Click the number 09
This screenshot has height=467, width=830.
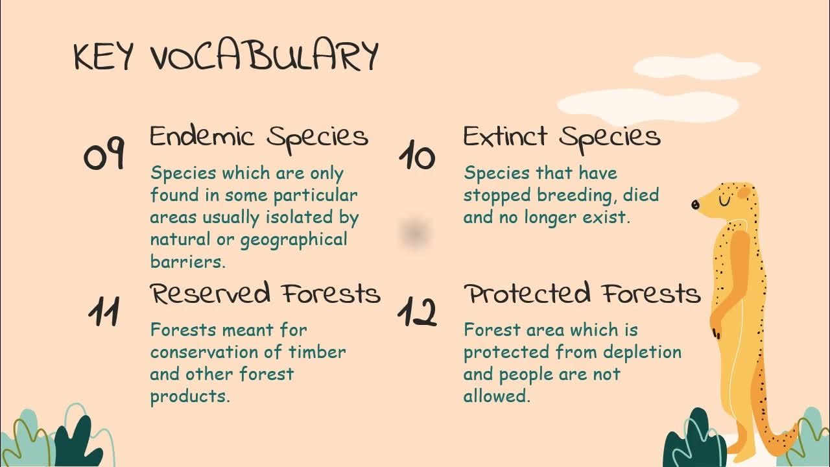(104, 156)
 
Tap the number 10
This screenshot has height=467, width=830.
(416, 156)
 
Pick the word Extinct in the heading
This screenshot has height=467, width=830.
(505, 137)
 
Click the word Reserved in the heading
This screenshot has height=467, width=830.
(210, 294)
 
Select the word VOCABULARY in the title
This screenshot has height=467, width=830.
(265, 57)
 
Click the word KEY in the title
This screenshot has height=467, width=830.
(104, 57)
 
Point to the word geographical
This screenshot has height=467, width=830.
(294, 240)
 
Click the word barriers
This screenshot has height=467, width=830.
(187, 262)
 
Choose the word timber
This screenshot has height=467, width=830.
(317, 352)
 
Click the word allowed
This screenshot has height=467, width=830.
(496, 396)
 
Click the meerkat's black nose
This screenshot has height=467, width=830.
(695, 205)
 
